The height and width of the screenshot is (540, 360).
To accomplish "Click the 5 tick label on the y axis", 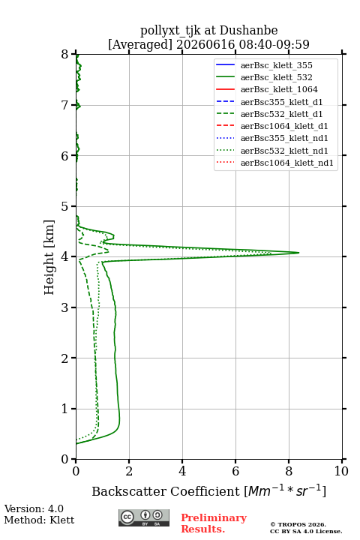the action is click(65, 207).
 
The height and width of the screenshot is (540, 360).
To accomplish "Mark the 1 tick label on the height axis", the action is click(65, 409).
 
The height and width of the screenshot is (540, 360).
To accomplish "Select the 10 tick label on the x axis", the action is click(341, 471).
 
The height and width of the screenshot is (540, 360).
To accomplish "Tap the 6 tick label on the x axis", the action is click(235, 471).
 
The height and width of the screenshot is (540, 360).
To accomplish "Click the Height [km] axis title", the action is click(49, 257).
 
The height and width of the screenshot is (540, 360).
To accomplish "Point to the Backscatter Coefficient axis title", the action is click(208, 490).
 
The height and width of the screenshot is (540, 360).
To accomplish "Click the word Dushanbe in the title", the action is click(248, 30).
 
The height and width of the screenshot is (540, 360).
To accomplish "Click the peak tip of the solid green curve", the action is click(298, 253).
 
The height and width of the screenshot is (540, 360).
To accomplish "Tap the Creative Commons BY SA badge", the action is click(144, 517).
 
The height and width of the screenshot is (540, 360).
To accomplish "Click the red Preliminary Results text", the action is click(214, 523).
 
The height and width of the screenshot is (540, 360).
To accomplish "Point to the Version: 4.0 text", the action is click(34, 508).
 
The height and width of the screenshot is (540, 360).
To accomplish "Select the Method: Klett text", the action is click(39, 520).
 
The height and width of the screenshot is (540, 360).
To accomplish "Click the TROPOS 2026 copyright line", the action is click(298, 524).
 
